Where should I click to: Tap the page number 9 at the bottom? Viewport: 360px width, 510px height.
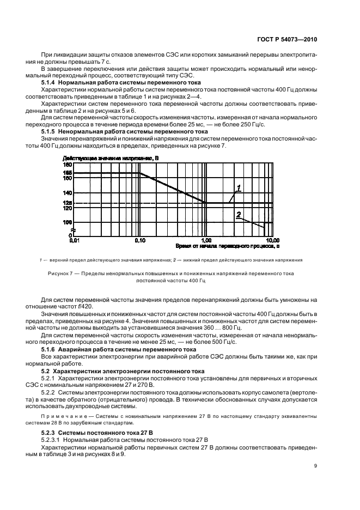315,465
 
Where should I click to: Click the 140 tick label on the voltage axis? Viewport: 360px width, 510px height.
68,193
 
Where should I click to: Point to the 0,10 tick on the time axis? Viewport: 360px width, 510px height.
140,240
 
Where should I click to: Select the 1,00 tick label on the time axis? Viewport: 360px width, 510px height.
206,240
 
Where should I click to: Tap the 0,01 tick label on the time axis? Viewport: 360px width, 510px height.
75,240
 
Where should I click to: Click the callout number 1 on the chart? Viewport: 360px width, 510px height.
239,188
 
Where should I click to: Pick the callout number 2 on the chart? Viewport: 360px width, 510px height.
238,215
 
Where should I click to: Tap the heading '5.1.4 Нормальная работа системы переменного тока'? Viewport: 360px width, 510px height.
121,82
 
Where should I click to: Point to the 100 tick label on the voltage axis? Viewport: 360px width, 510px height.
68,222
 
